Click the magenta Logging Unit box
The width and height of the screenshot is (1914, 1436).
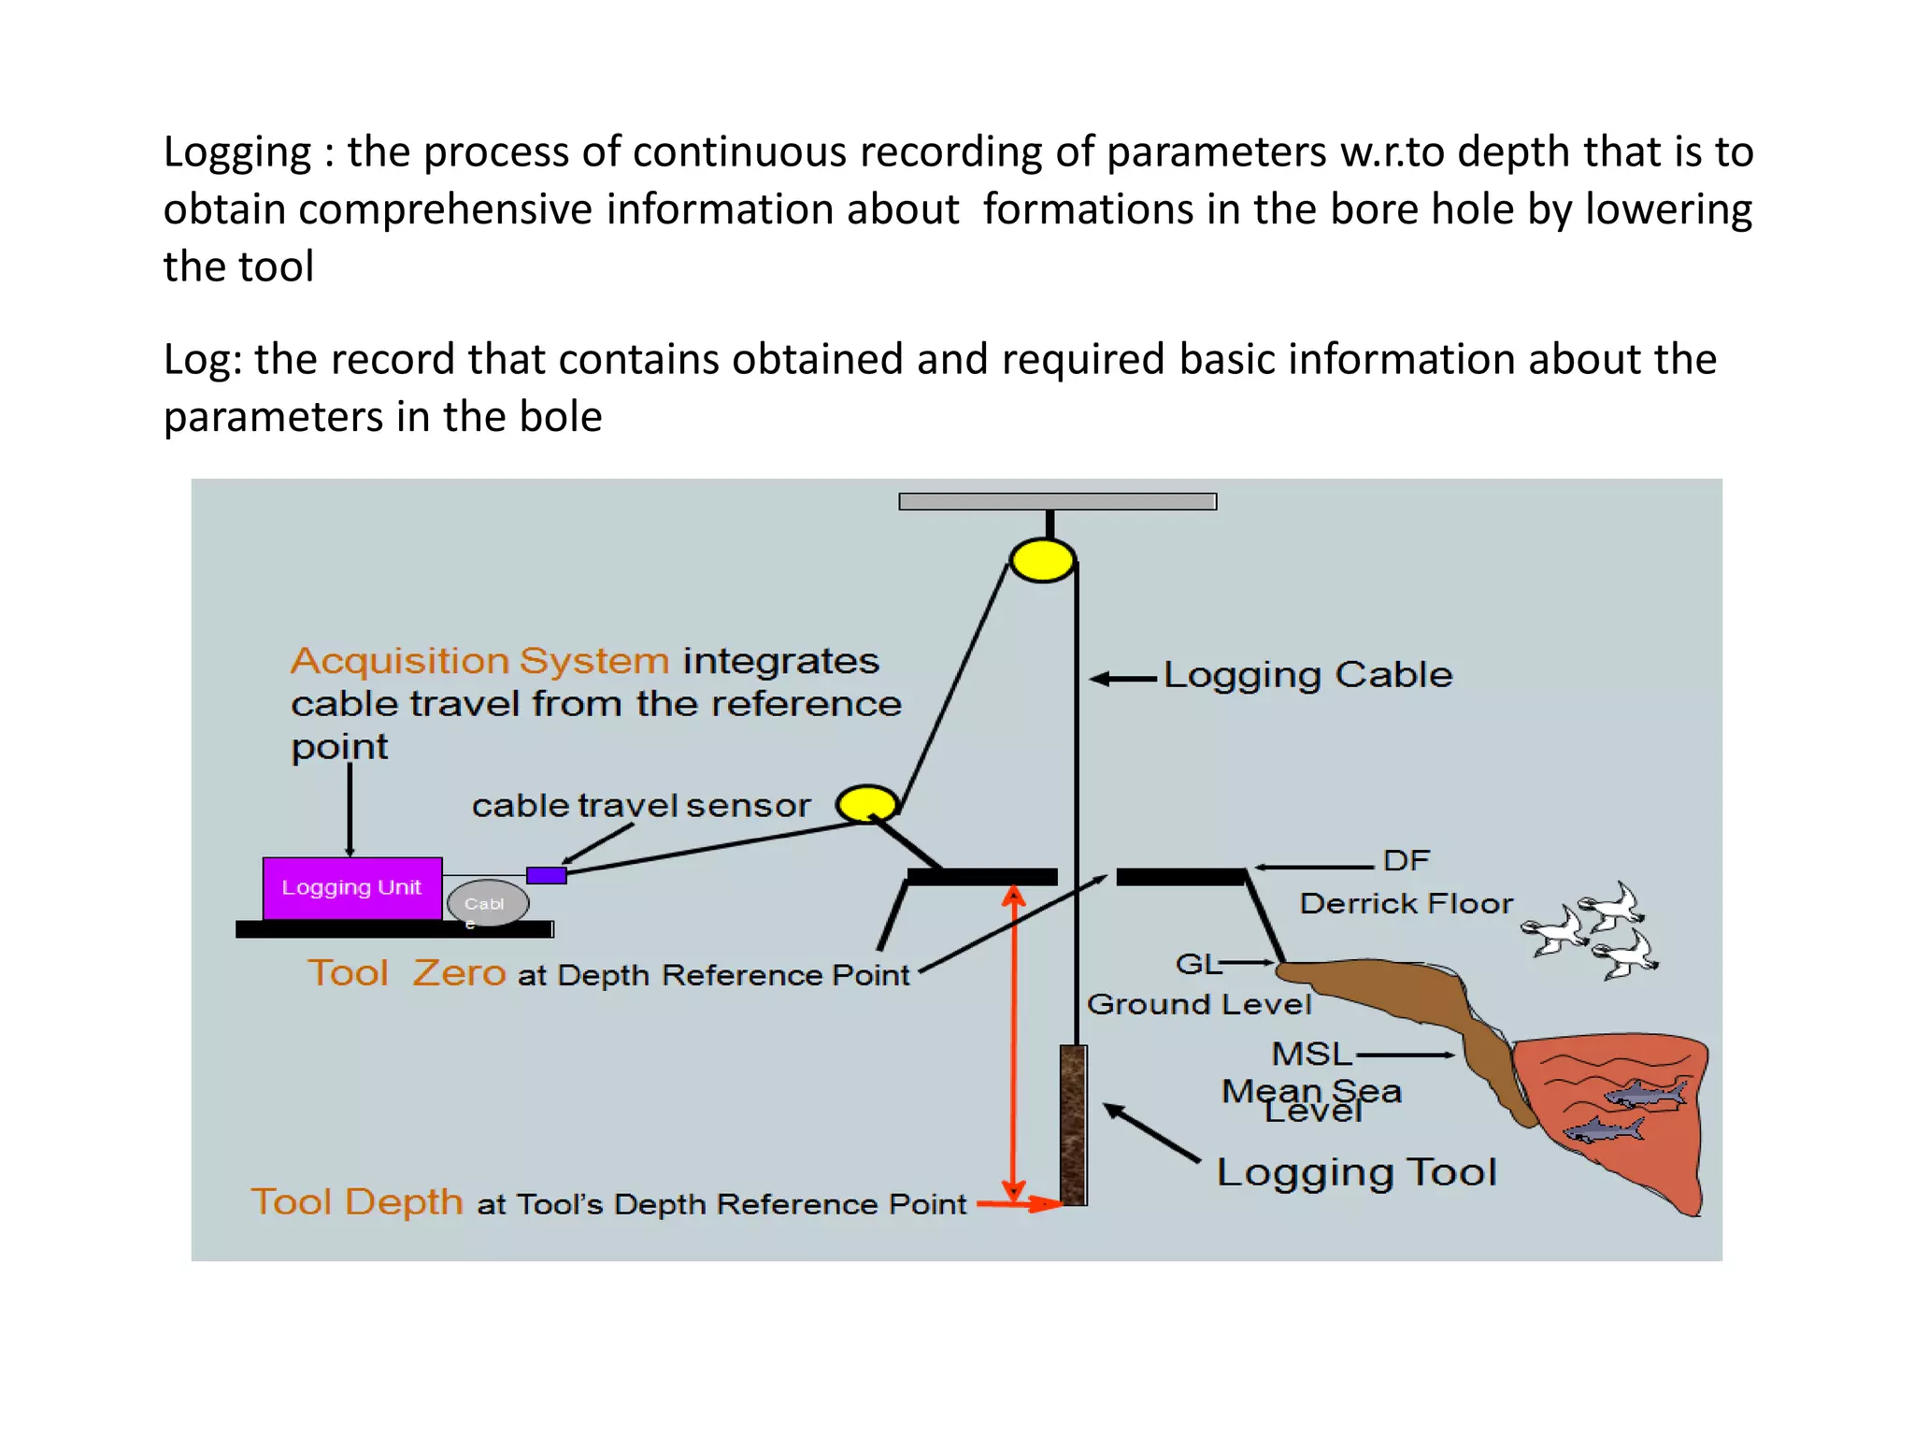point(351,887)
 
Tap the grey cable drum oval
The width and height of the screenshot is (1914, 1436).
point(487,903)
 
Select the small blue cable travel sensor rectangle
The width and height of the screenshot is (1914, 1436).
point(546,875)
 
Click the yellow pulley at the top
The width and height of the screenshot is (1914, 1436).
point(1041,561)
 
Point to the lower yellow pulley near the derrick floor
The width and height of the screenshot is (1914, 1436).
point(866,803)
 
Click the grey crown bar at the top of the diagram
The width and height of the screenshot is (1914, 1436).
point(1057,502)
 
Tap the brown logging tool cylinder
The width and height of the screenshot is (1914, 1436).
point(1073,1125)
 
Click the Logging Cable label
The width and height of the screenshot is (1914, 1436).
point(1307,675)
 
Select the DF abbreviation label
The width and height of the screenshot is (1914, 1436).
point(1406,860)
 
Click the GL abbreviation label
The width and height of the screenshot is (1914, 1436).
point(1197,963)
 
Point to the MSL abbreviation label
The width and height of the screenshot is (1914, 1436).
point(1311,1054)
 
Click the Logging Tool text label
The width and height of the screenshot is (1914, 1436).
point(1356,1172)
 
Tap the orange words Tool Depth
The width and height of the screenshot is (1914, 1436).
point(357,1201)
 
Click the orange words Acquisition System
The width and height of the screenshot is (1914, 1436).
point(479,661)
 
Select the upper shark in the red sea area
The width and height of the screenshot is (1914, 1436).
point(1646,1093)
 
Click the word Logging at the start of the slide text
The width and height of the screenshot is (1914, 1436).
point(237,152)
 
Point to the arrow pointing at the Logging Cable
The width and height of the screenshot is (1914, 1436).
point(1122,679)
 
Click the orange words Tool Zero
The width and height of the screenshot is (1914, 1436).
point(407,973)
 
